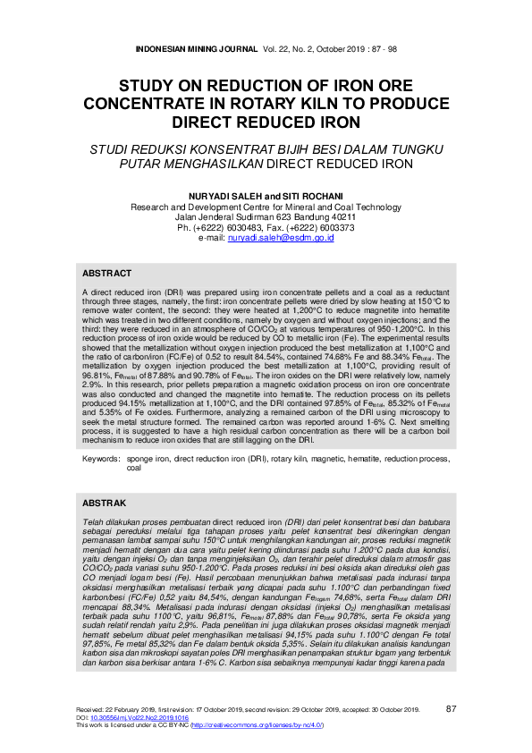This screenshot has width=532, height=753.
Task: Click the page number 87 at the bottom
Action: point(451,709)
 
